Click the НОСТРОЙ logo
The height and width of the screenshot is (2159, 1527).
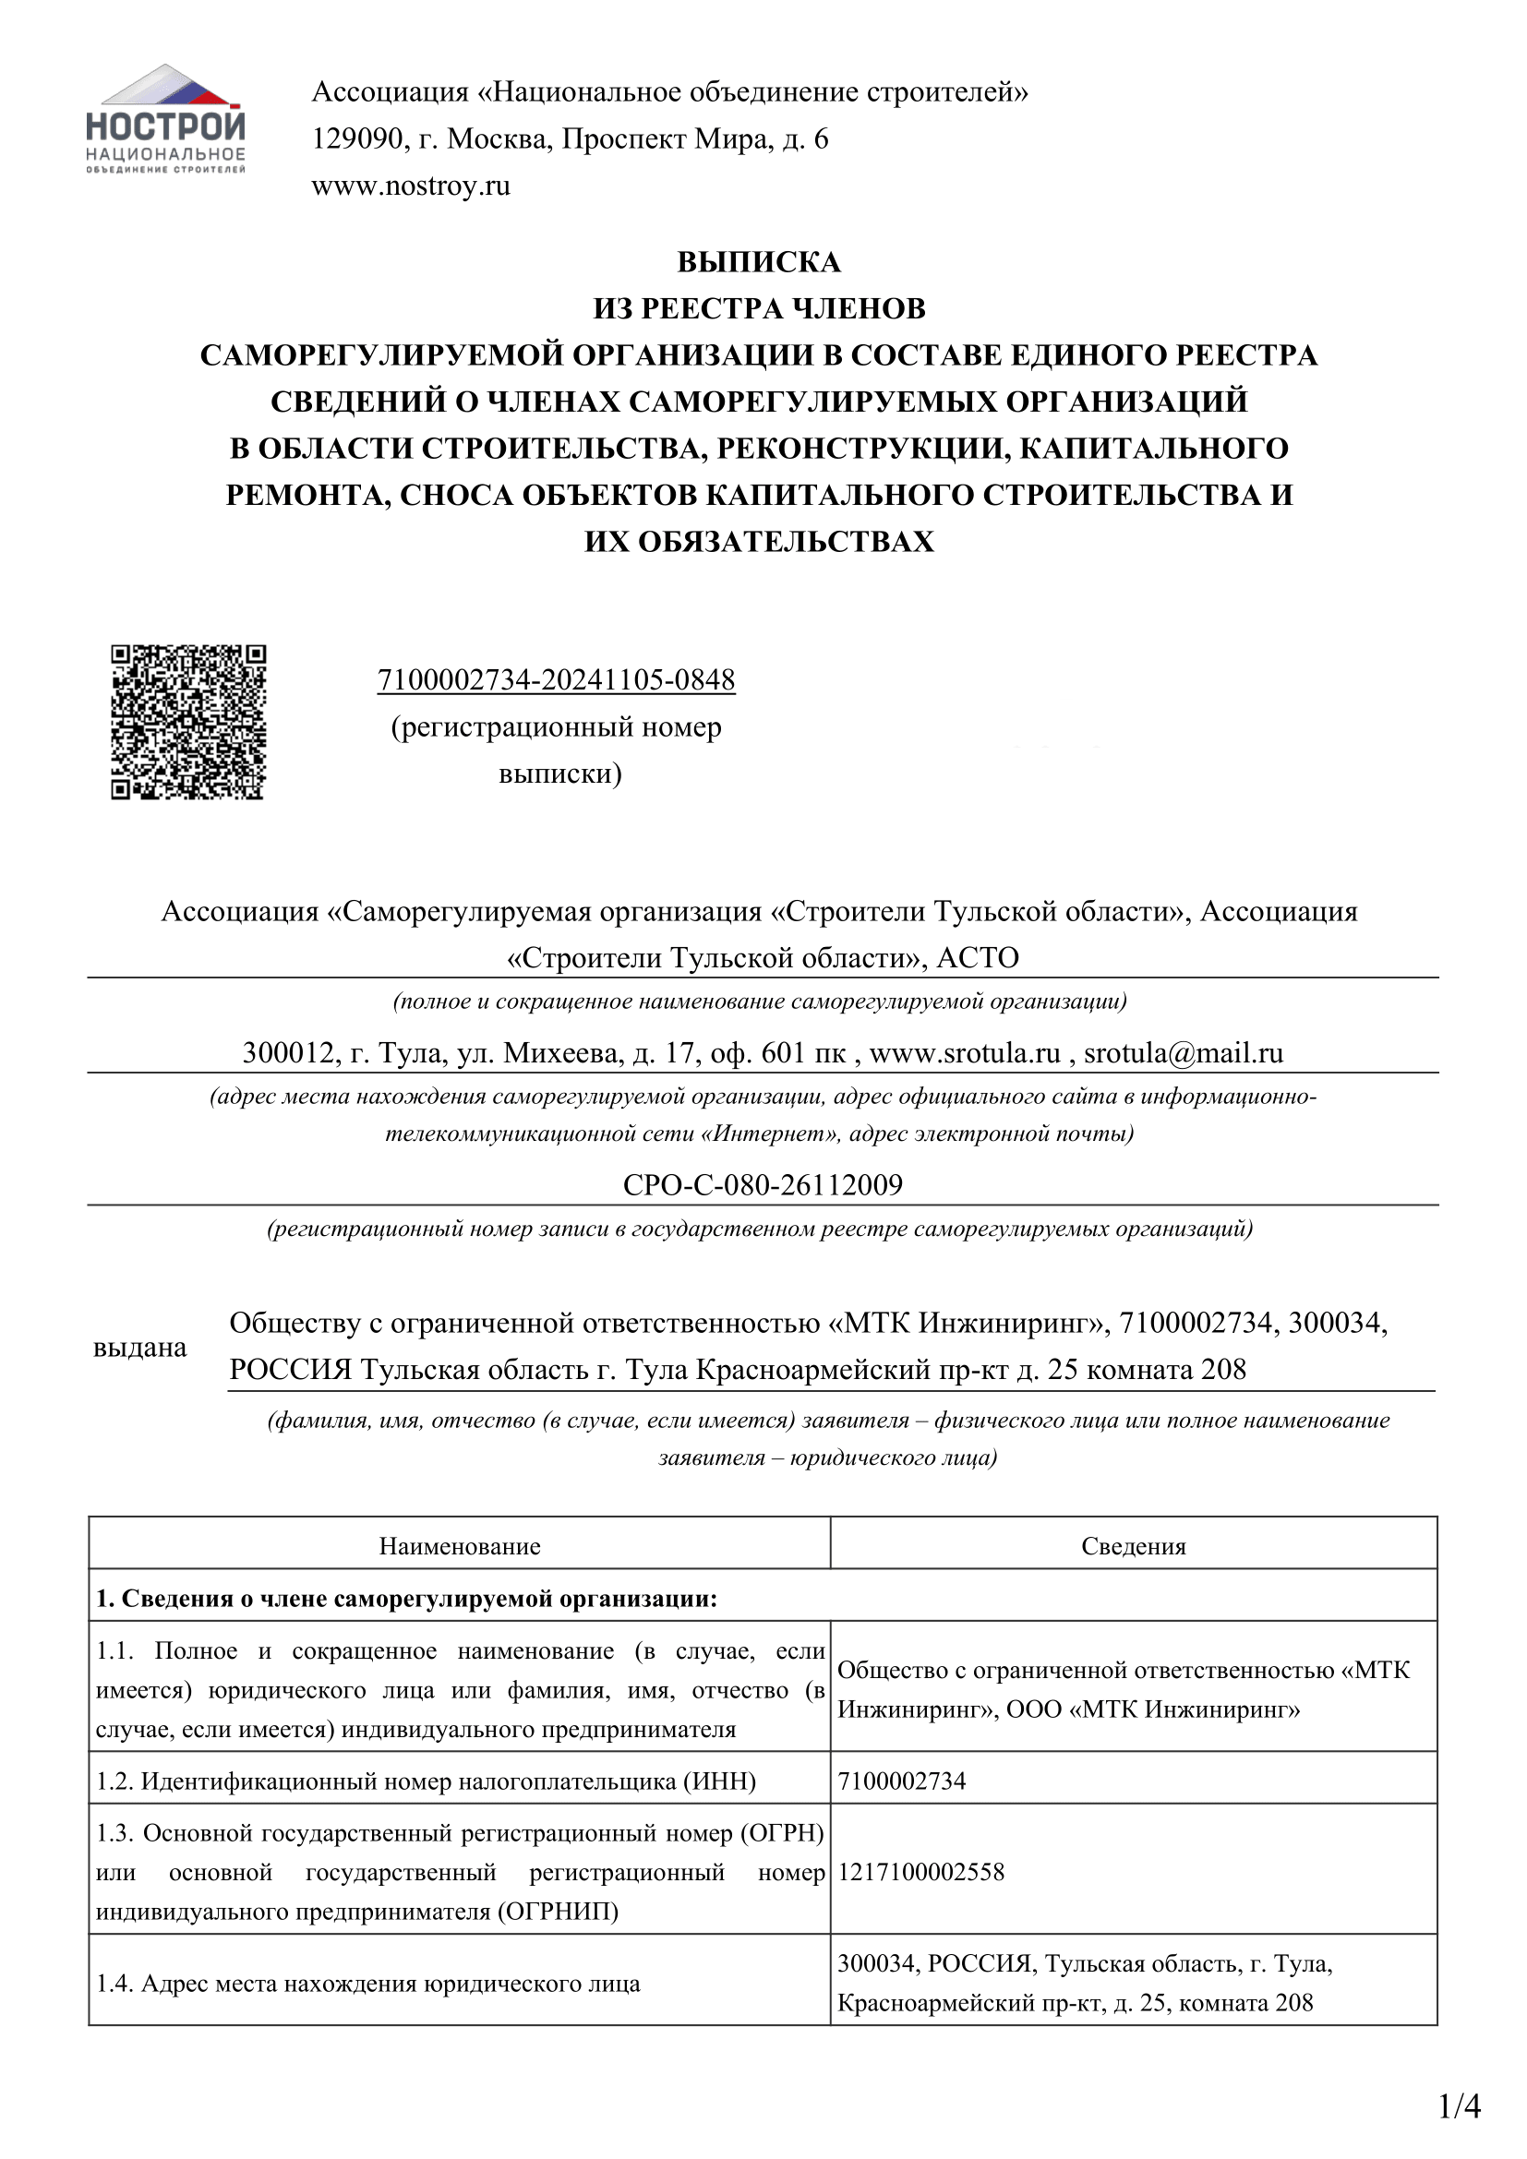pyautogui.click(x=165, y=120)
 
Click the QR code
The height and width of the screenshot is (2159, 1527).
pyautogui.click(x=188, y=722)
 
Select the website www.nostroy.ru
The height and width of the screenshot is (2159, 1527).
pyautogui.click(x=411, y=186)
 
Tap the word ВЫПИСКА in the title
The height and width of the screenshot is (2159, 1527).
pyautogui.click(x=759, y=262)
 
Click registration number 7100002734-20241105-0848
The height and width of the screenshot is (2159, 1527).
pyautogui.click(x=556, y=681)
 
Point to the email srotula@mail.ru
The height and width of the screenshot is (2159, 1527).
pyautogui.click(x=1183, y=1053)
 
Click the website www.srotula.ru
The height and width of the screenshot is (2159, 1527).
pyautogui.click(x=965, y=1053)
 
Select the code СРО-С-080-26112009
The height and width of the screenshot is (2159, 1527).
pyautogui.click(x=763, y=1185)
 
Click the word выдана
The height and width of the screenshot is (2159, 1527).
pyautogui.click(x=140, y=1349)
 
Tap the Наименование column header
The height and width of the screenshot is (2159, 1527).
pyautogui.click(x=460, y=1547)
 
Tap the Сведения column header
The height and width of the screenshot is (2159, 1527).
pyautogui.click(x=1133, y=1547)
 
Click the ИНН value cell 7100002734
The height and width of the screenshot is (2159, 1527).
pyautogui.click(x=902, y=1781)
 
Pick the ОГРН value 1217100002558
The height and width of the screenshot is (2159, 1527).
pyautogui.click(x=920, y=1872)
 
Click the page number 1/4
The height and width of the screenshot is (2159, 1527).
pyautogui.click(x=1460, y=2107)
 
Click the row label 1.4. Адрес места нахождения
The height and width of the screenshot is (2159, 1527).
pyautogui.click(x=367, y=1985)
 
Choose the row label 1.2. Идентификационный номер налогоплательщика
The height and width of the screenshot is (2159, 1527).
pyautogui.click(x=426, y=1781)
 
